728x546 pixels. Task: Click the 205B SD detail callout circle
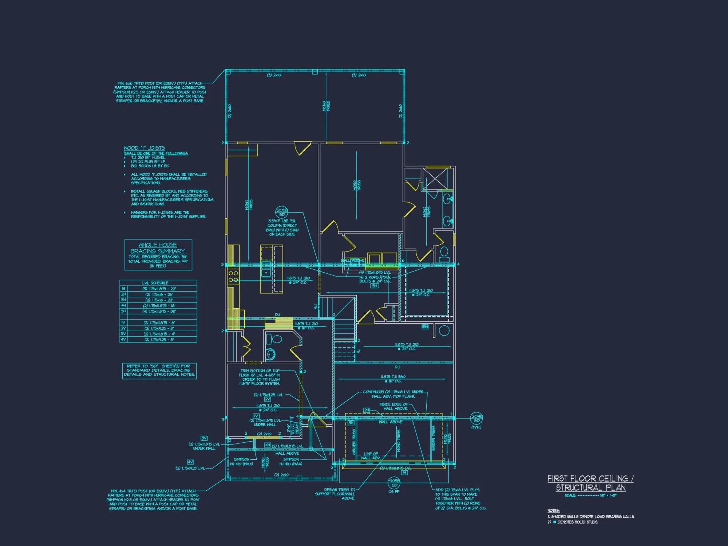pos(282,212)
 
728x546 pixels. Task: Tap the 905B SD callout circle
pos(394,483)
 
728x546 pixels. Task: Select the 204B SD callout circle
pos(476,418)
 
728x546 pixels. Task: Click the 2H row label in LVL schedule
pos(123,294)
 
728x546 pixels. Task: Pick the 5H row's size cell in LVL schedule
pos(159,311)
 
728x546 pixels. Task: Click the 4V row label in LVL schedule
pos(123,339)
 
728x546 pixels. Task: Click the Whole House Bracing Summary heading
pos(158,248)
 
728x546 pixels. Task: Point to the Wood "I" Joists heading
pos(144,148)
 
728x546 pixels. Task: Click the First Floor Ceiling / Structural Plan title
pos(590,483)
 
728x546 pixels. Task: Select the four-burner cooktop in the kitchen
pos(233,276)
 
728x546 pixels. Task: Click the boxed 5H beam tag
pos(375,286)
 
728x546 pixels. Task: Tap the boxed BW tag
pos(425,327)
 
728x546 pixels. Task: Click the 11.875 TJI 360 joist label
pos(393,377)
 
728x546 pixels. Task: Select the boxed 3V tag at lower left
pos(204,438)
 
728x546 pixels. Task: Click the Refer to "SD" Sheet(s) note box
pos(159,371)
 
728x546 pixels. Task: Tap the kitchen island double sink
pos(266,269)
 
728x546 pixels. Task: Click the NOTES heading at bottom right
pos(553,510)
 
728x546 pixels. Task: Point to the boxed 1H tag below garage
pos(404,472)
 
